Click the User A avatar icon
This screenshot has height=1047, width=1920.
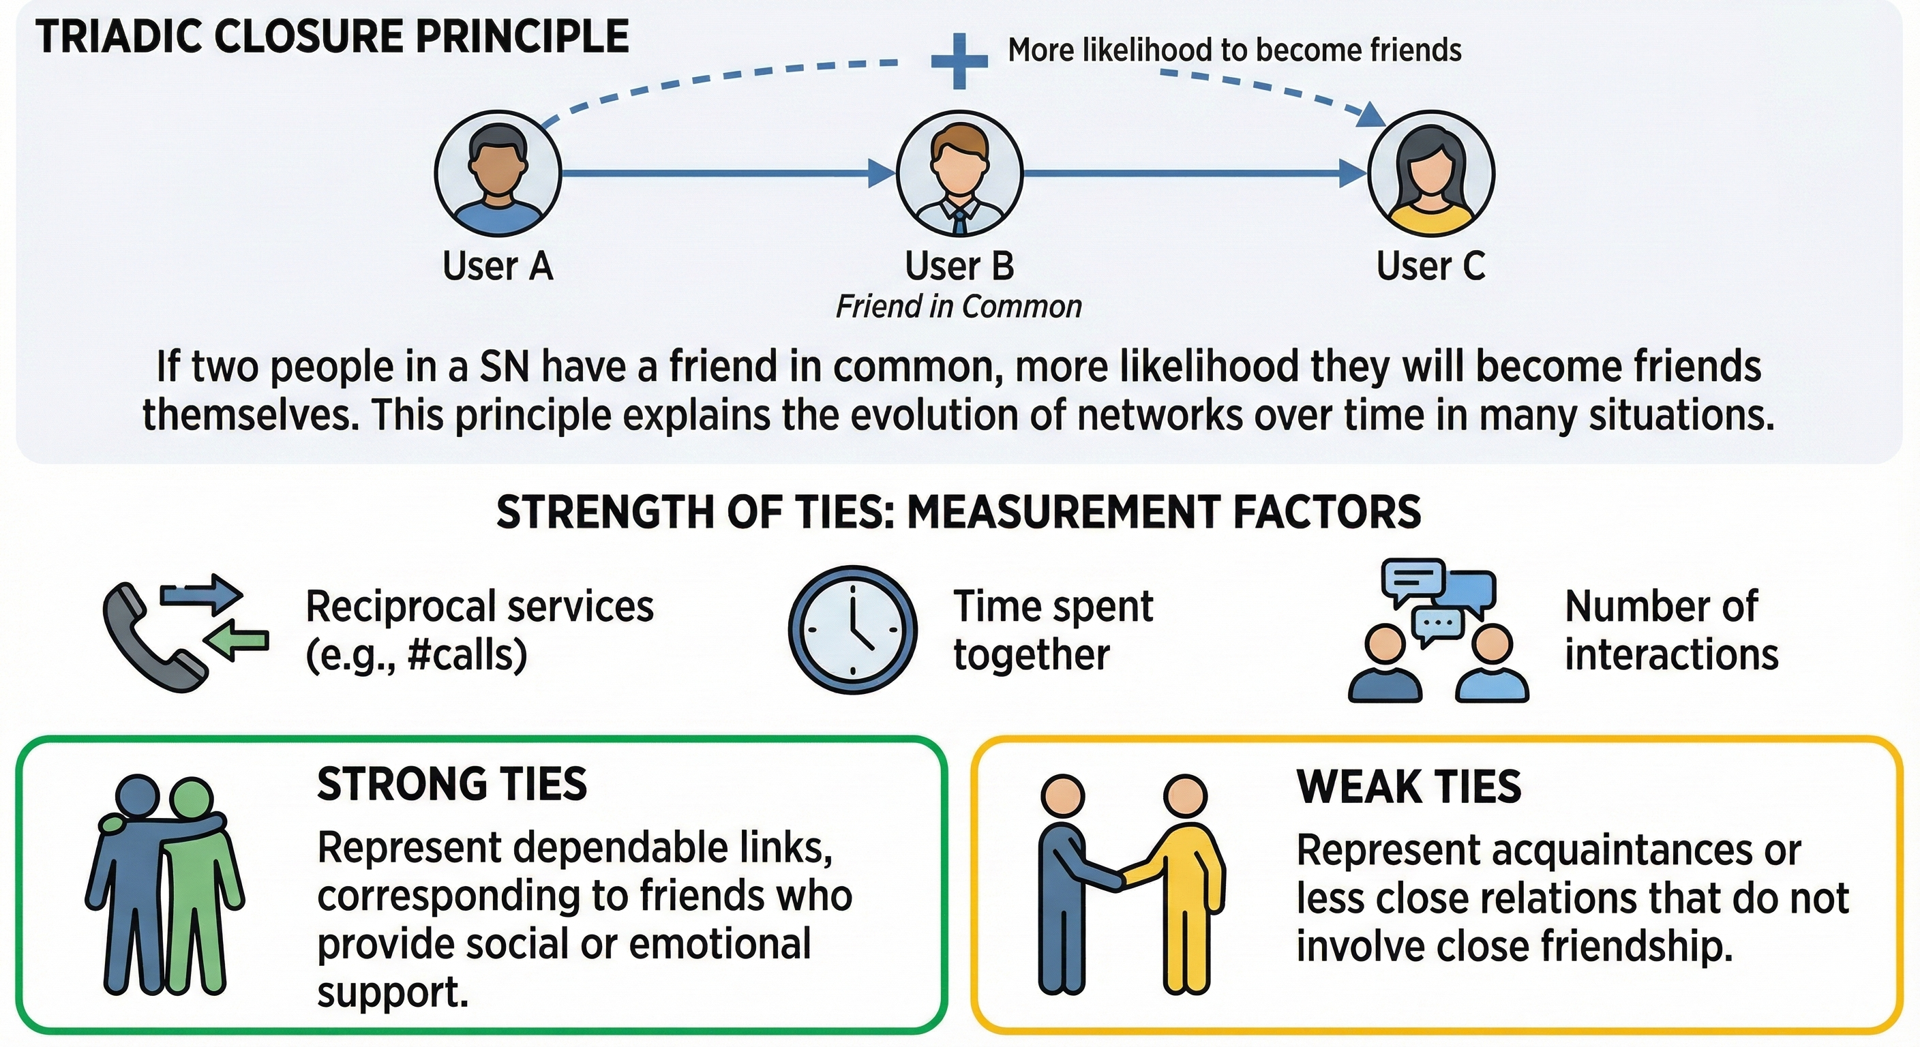pos(498,174)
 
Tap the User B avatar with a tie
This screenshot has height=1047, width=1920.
pos(959,174)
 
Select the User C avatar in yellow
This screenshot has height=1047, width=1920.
pos(1431,174)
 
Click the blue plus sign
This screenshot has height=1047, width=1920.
pos(960,61)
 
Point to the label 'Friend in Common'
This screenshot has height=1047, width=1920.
pos(959,307)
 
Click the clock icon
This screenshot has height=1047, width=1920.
pos(853,630)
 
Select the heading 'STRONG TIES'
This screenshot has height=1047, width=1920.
pos(451,785)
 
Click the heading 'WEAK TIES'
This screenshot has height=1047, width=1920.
pos(1409,787)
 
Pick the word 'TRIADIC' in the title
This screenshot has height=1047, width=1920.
pos(119,37)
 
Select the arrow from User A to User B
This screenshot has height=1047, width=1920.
pos(727,174)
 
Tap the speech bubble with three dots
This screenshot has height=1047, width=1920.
pos(1438,624)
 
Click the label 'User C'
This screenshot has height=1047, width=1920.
pos(1430,266)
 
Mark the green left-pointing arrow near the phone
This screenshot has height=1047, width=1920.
pos(238,639)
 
